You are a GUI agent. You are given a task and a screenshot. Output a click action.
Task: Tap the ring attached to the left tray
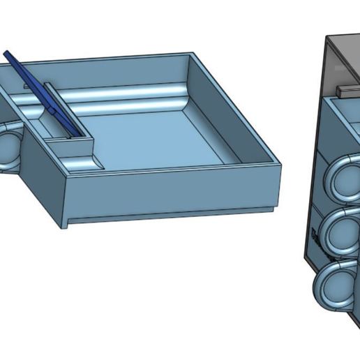coord(8,147)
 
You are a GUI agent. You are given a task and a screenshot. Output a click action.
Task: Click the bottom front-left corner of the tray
coord(67,227)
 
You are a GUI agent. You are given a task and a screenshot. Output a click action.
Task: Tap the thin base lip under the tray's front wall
coord(167,215)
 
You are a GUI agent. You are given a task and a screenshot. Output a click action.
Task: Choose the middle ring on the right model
coord(340,234)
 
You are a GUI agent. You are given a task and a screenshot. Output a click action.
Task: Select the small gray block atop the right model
coord(346,90)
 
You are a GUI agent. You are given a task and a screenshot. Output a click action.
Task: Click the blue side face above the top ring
coord(335,133)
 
